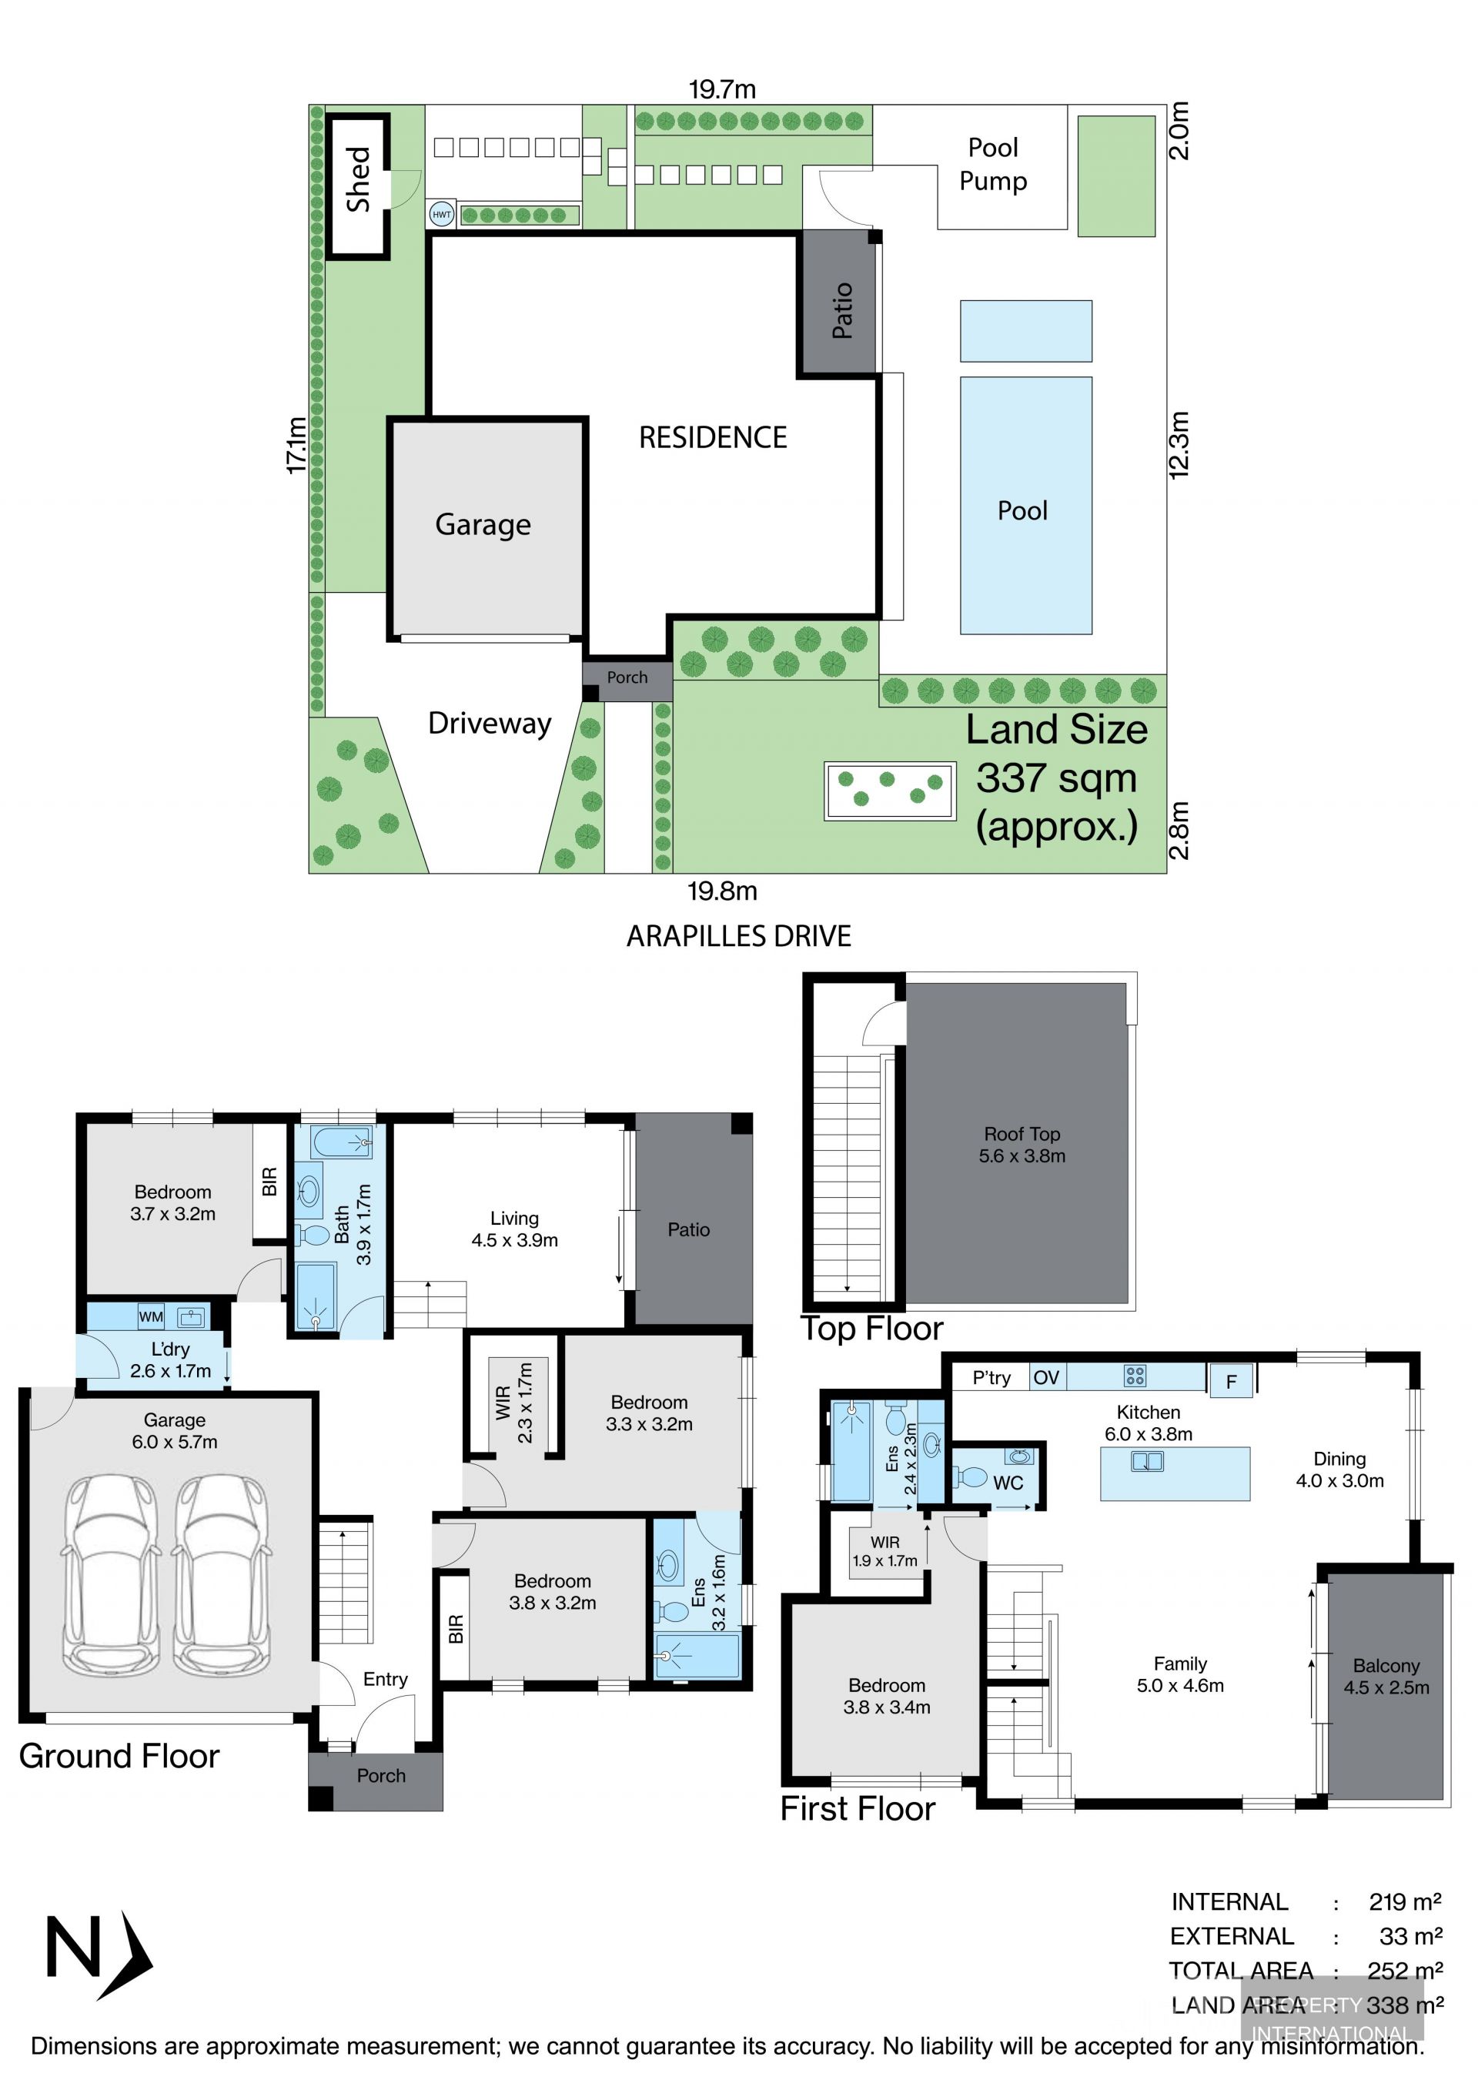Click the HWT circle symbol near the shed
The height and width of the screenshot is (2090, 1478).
[x=441, y=215]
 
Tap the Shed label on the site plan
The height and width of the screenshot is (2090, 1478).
[x=359, y=179]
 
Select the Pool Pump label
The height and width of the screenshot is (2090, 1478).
[x=993, y=164]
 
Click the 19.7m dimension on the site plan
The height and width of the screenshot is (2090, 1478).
[x=722, y=89]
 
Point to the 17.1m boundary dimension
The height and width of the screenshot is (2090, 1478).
[x=296, y=444]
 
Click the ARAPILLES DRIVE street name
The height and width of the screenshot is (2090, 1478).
[x=738, y=936]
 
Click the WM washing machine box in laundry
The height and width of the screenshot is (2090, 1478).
[x=151, y=1316]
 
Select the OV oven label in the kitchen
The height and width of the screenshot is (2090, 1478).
[x=1047, y=1377]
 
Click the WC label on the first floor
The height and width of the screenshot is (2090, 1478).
[x=1008, y=1483]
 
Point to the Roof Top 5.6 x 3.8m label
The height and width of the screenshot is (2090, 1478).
[x=1022, y=1144]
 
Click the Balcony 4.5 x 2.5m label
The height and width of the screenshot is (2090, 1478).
[x=1386, y=1676]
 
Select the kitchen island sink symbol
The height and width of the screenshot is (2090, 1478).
[x=1147, y=1461]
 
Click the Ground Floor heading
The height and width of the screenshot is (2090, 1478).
[x=119, y=1755]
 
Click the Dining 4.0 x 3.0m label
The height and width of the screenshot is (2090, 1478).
[x=1339, y=1470]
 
